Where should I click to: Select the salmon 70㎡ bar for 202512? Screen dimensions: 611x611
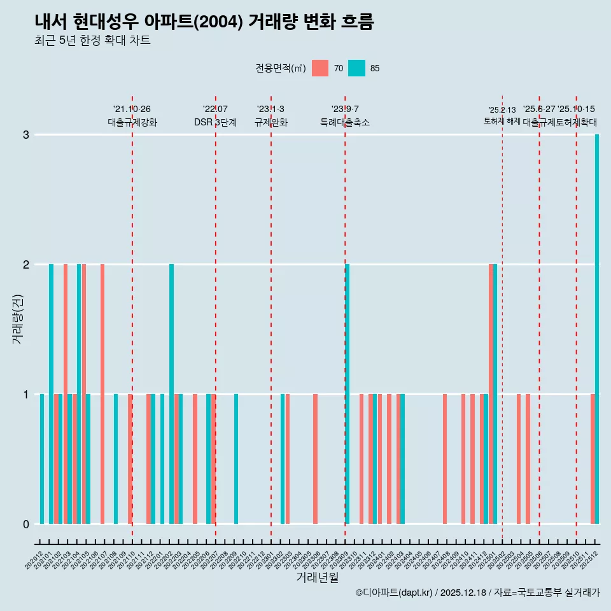pos(593,459)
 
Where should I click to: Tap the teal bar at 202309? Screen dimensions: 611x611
pos(348,394)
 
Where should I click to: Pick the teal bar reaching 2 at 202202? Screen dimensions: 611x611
pos(171,394)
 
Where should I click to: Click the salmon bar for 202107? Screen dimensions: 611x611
pos(102,394)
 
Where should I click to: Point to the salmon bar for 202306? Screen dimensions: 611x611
pos(315,459)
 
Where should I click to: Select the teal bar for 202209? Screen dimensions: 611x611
pos(236,459)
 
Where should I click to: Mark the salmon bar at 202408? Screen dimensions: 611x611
pos(445,459)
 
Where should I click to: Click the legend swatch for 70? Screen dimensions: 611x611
pos(320,68)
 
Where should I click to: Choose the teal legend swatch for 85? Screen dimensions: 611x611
pos(356,68)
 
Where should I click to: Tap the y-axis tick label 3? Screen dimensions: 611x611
pos(26,135)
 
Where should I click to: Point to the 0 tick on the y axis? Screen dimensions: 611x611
pos(26,524)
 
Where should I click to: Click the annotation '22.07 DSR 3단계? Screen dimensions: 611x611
pos(215,116)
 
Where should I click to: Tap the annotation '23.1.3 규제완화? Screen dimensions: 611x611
pos(271,116)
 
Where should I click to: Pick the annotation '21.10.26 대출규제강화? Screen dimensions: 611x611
pos(132,116)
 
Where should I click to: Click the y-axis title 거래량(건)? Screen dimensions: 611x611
pos(17,319)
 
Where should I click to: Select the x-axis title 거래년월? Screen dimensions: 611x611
pos(317,577)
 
